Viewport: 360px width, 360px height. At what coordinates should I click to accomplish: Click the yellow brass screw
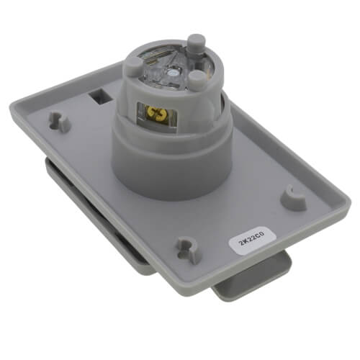153,112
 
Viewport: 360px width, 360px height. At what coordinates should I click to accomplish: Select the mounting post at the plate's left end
59,120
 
